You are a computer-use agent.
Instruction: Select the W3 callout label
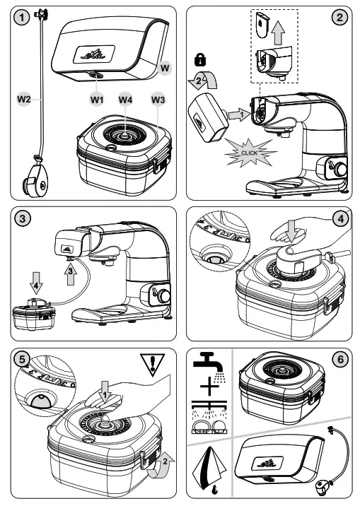(x=158, y=100)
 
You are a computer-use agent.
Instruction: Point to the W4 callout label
(x=126, y=100)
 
